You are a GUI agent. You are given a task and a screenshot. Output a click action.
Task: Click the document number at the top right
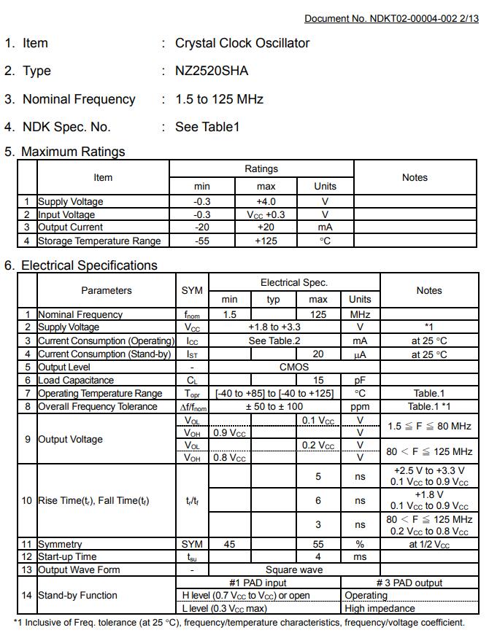pyautogui.click(x=391, y=18)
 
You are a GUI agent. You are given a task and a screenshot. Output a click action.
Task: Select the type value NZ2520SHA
pyautogui.click(x=212, y=71)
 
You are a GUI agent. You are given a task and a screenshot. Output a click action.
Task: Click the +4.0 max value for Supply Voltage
pyautogui.click(x=266, y=201)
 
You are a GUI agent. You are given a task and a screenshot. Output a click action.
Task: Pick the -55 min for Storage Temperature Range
pyautogui.click(x=201, y=241)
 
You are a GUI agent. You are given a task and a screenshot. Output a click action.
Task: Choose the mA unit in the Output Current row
pyautogui.click(x=325, y=227)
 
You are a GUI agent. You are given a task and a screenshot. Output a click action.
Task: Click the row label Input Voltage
pyautogui.click(x=66, y=214)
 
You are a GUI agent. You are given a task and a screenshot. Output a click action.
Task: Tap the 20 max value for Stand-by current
pyautogui.click(x=318, y=354)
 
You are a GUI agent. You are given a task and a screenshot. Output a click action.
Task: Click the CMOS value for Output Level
pyautogui.click(x=294, y=367)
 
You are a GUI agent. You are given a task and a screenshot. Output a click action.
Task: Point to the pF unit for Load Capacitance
pyautogui.click(x=360, y=380)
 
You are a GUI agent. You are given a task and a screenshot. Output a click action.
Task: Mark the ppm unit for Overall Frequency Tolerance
pyautogui.click(x=360, y=406)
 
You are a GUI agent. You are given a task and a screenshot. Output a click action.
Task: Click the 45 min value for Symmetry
pyautogui.click(x=229, y=544)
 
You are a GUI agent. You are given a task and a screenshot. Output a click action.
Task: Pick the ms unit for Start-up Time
pyautogui.click(x=360, y=557)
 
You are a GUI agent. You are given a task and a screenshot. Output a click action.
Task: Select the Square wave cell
pyautogui.click(x=294, y=569)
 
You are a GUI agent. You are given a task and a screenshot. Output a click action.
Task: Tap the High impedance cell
pyautogui.click(x=380, y=608)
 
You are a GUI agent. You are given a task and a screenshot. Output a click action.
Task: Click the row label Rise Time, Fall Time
pyautogui.click(x=93, y=501)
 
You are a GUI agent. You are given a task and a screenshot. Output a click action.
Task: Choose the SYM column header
pyautogui.click(x=192, y=290)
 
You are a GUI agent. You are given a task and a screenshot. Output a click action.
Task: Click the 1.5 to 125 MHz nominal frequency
pyautogui.click(x=219, y=99)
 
